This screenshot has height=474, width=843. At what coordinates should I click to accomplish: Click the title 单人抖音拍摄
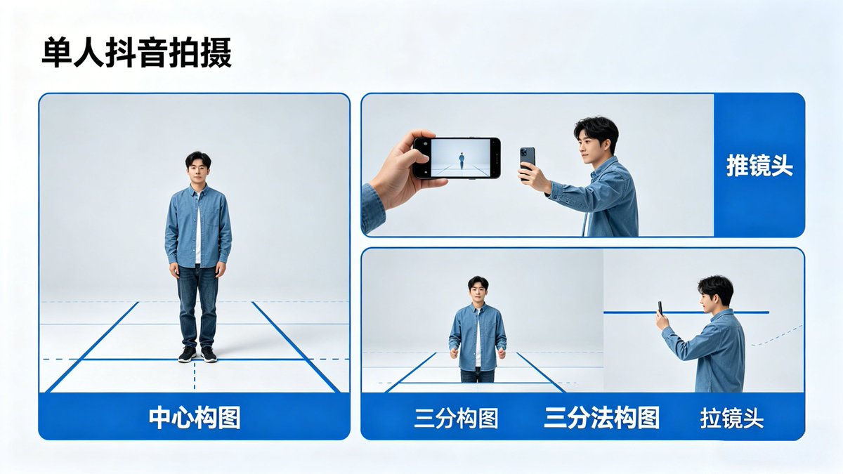click(x=136, y=53)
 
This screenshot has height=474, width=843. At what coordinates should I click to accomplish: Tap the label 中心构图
click(x=194, y=418)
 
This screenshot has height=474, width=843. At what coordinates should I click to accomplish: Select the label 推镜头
click(x=759, y=166)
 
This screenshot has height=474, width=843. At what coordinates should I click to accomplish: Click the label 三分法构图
click(x=601, y=418)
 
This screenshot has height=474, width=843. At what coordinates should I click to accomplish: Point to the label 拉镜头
click(x=732, y=419)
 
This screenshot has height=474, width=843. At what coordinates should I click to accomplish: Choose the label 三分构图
click(x=456, y=419)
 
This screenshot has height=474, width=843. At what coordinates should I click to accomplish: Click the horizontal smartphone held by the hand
click(x=457, y=158)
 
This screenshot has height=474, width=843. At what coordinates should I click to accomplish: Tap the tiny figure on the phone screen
click(x=462, y=161)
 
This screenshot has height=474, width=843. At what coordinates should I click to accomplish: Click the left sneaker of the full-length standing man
click(x=187, y=354)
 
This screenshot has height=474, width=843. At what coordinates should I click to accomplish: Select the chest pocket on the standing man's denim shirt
click(x=213, y=218)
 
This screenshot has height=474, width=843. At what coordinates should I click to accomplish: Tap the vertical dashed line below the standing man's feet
click(x=195, y=376)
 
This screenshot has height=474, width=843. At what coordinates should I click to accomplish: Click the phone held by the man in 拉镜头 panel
click(x=660, y=308)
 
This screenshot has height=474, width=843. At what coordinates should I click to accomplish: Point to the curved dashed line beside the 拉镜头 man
click(x=776, y=336)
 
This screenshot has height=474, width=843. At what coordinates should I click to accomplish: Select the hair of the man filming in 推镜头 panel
click(x=598, y=131)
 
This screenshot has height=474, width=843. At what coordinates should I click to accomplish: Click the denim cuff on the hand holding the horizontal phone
click(x=372, y=209)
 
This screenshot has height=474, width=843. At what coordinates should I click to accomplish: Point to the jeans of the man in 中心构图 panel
click(x=197, y=305)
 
